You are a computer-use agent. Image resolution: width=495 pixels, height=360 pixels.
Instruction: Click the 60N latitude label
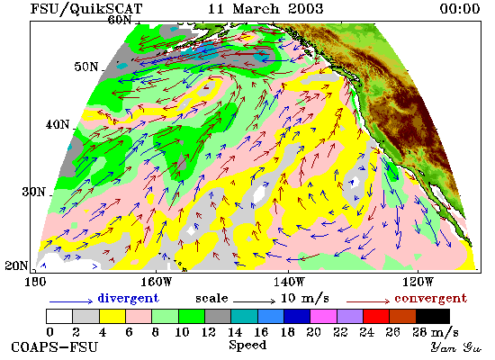(x=120, y=20)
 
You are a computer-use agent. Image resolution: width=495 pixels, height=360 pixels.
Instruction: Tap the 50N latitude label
(x=86, y=67)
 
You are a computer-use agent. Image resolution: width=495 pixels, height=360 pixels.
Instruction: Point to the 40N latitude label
(x=58, y=124)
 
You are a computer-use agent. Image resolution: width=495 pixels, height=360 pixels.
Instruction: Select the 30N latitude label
(x=33, y=192)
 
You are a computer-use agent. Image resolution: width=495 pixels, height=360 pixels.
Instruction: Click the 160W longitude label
(x=156, y=282)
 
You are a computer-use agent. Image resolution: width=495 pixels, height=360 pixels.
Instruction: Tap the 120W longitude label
(x=418, y=282)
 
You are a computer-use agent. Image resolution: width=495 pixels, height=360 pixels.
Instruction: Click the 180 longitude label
(x=35, y=282)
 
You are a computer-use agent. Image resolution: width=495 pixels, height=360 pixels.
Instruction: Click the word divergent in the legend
(x=128, y=298)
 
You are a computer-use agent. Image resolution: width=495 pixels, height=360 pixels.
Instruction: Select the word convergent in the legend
(x=430, y=298)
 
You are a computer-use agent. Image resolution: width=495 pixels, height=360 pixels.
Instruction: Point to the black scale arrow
(x=254, y=301)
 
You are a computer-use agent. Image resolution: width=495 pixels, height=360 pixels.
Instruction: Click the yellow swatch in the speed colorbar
(x=112, y=316)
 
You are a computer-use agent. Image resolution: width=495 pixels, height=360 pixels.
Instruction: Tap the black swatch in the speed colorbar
(x=433, y=316)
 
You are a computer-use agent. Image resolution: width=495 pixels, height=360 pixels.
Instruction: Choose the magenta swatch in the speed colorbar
(x=324, y=316)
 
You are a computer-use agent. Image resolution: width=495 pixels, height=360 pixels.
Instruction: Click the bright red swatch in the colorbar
(x=376, y=316)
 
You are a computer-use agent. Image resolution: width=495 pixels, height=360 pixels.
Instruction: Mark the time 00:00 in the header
(x=460, y=8)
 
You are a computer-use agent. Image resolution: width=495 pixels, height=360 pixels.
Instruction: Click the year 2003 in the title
(x=306, y=8)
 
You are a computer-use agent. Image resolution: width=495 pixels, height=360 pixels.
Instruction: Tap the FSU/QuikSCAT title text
(x=86, y=9)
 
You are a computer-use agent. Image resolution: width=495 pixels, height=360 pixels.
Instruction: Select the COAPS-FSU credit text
(x=54, y=347)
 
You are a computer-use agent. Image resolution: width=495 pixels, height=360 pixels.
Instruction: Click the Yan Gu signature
(x=456, y=347)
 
